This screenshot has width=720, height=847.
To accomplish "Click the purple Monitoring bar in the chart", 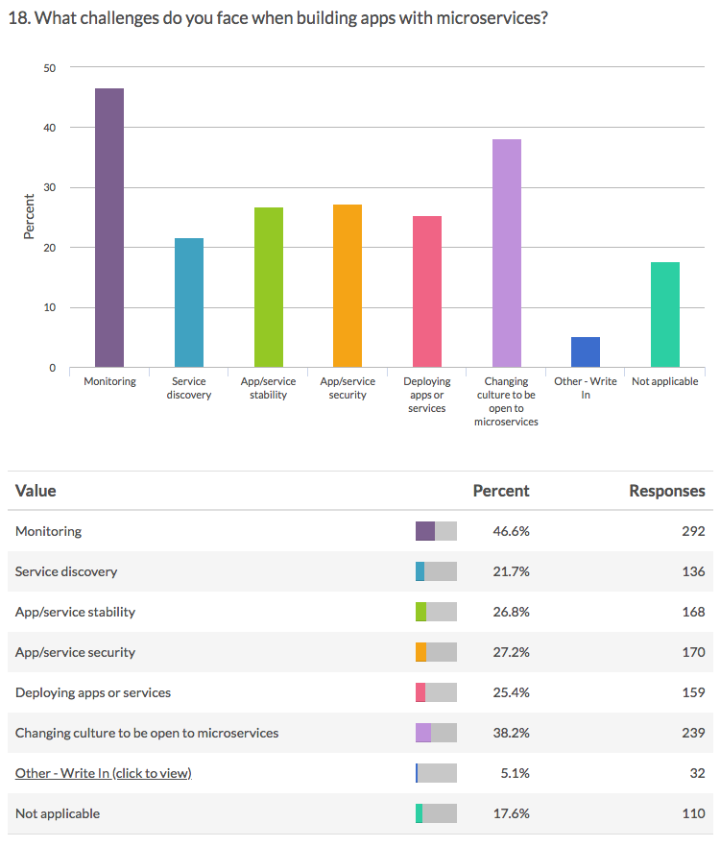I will click(109, 228).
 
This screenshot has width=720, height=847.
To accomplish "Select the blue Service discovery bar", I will click(189, 302).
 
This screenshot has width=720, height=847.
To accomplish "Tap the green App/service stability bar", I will click(269, 287).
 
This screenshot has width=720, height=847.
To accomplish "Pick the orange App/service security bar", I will click(348, 286).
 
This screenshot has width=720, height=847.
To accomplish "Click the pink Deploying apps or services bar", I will click(427, 292).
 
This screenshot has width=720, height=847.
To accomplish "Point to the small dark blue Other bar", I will click(585, 352).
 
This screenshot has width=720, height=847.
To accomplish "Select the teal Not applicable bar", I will click(665, 315).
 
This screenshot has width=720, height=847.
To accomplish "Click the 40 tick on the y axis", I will click(50, 128).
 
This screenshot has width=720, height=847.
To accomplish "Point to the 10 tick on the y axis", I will click(50, 308).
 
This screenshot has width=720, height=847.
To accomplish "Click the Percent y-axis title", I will click(30, 217).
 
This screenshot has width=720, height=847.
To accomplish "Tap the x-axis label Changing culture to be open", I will click(506, 401).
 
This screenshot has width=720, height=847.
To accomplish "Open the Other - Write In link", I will click(103, 773).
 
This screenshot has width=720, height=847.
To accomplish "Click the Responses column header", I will click(666, 491).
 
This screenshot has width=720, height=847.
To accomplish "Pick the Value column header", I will click(36, 491).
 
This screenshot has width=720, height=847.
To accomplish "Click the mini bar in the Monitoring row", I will click(436, 531).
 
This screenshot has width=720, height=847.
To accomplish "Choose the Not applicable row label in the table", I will click(58, 813).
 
